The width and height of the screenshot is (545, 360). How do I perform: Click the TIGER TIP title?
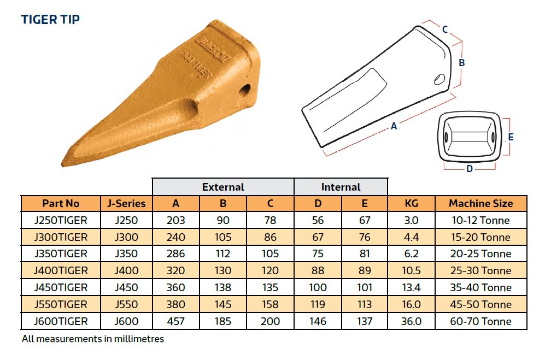coord(50,20)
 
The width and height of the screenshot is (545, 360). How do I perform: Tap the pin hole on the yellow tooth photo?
coord(245,90)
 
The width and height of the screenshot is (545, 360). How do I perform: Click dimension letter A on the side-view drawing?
coord(394,126)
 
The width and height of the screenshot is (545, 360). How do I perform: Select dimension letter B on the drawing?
coord(461,63)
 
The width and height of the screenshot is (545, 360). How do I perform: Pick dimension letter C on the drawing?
coord(445,29)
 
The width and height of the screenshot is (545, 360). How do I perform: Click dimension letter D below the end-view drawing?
coord(470,169)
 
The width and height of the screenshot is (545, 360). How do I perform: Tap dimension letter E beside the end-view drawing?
coord(511,137)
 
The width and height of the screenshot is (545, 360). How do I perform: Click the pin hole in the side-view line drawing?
coord(439,80)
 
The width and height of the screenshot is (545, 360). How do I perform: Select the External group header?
coord(223,187)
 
